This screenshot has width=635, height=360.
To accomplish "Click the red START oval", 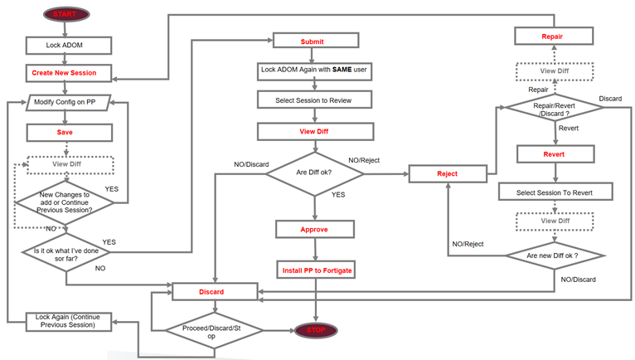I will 64,15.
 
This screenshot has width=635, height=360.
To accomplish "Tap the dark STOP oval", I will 316,330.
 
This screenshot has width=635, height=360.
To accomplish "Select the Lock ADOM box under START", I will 64,44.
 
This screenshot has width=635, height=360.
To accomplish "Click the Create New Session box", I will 64,73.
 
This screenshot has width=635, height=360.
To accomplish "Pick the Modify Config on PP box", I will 70,103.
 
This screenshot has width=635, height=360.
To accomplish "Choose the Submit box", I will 313,41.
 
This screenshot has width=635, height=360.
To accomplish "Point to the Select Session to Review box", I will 313,100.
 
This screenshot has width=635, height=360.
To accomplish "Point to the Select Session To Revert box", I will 555,192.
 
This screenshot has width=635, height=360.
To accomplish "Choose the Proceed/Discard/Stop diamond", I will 214,330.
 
